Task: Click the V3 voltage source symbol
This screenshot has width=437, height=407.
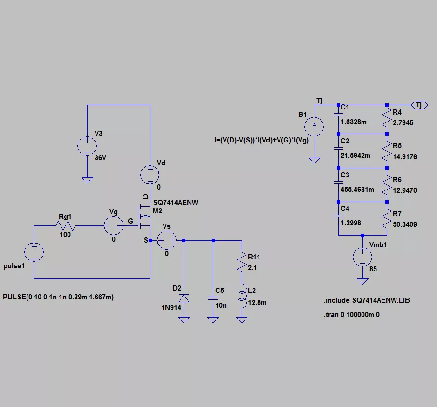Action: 87,146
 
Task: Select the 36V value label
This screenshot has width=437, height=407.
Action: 101,158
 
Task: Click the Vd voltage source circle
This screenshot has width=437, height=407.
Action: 150,175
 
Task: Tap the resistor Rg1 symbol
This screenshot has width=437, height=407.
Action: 65,226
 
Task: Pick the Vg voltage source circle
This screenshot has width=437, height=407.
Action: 114,226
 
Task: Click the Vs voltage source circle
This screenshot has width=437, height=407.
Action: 166,241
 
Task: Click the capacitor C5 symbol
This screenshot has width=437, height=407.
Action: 213,297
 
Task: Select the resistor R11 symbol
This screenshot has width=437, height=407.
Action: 242,263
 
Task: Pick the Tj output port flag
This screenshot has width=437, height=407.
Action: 419,105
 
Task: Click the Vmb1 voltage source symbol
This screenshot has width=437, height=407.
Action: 362,257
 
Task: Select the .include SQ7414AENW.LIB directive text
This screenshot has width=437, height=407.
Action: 367,301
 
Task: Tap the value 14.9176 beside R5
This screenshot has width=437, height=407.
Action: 405,157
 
